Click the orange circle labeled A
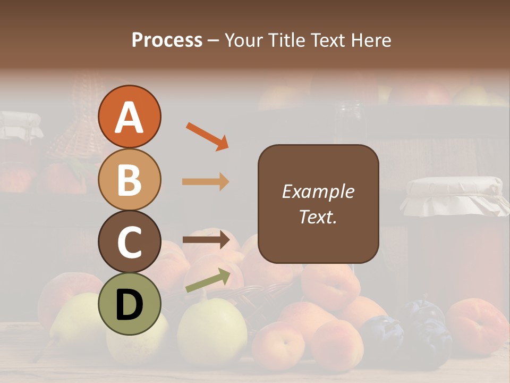[x=129, y=117]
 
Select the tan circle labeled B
[x=129, y=179]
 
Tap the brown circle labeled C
[x=129, y=242]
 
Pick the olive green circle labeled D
[x=129, y=304]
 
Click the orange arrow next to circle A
[x=207, y=136]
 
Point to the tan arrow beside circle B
[x=206, y=182]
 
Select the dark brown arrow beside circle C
[x=206, y=240]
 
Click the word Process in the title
[x=167, y=40]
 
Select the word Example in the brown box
[x=318, y=191]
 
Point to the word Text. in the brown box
[x=318, y=217]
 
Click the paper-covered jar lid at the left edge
[x=19, y=125]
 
